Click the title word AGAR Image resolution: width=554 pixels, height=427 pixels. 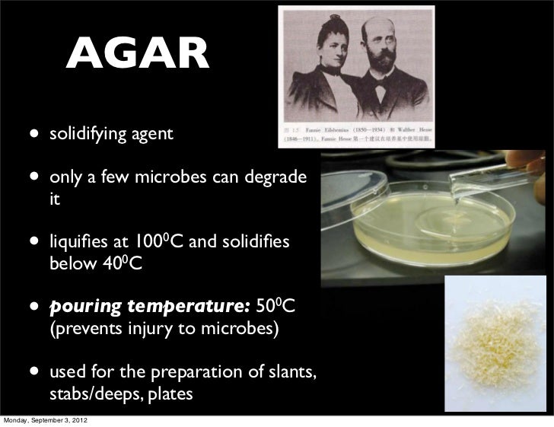[136, 55]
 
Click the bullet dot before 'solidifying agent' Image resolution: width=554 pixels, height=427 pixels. [33, 135]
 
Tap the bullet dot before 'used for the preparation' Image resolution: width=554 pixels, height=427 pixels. [33, 374]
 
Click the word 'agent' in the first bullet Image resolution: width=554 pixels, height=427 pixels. [152, 135]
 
